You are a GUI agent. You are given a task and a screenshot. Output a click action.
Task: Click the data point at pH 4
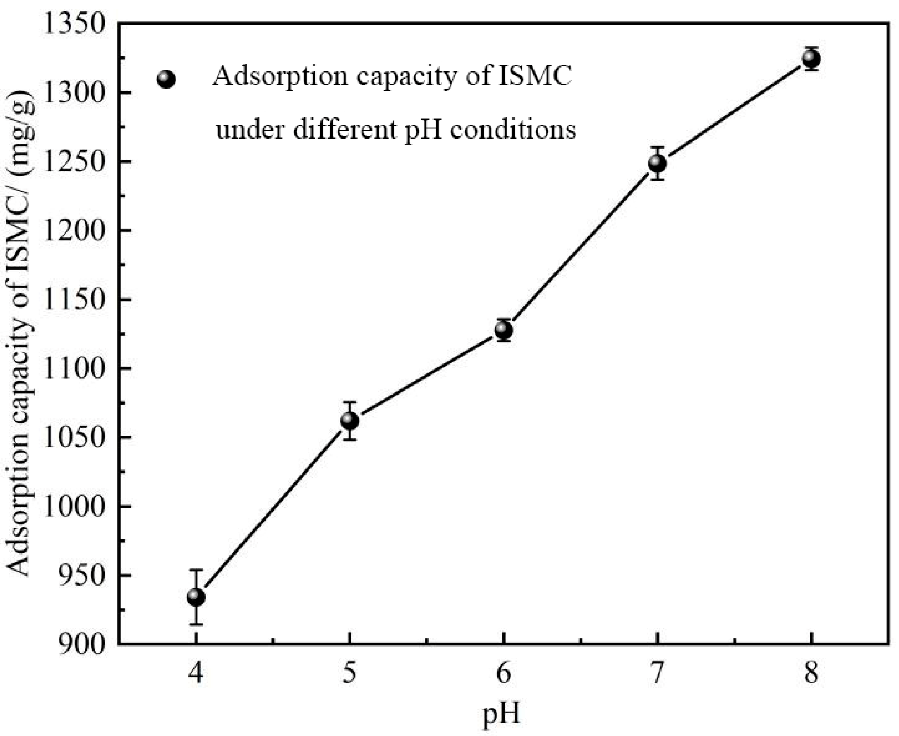click(196, 597)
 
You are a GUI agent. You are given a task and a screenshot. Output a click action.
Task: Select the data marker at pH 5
click(350, 420)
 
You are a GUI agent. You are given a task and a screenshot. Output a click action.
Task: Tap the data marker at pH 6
click(504, 330)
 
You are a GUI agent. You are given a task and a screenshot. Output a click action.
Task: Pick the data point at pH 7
click(657, 163)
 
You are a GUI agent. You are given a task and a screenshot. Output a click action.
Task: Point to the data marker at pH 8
click(811, 59)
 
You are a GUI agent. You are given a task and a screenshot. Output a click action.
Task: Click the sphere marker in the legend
click(166, 79)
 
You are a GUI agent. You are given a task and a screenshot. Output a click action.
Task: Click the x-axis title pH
click(501, 714)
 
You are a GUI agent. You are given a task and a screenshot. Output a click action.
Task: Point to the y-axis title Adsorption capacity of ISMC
click(19, 334)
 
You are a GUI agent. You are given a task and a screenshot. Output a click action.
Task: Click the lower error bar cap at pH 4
click(196, 624)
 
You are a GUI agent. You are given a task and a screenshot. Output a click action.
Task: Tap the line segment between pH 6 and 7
click(580, 246)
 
